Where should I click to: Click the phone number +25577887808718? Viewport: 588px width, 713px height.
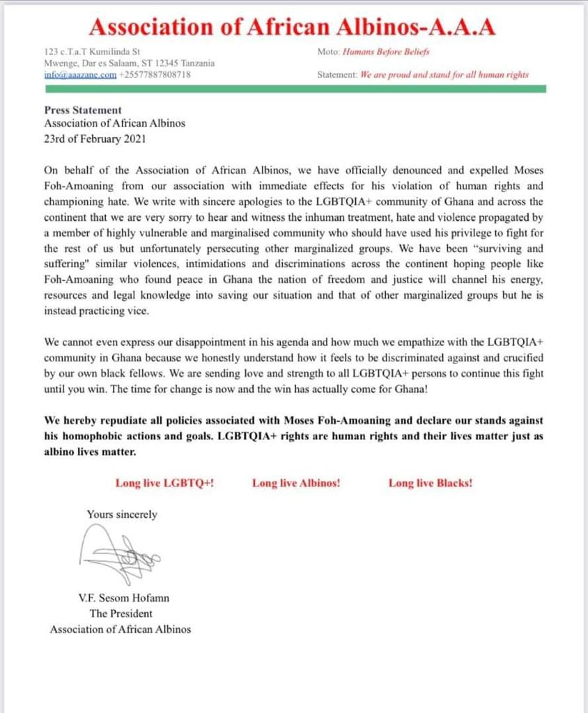coord(155,75)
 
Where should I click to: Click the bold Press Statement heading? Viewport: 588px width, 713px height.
coord(83,110)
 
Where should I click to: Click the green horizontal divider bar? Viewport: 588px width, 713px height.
coord(294,89)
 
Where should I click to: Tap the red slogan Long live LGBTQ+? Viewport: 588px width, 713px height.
coord(164,483)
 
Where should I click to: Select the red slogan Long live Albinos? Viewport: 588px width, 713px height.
coord(296,483)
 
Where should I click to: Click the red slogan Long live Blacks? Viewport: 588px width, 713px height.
coord(430,483)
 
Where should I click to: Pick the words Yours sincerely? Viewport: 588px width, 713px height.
coord(122,515)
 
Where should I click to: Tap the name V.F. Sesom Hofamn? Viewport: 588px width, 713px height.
coord(121,599)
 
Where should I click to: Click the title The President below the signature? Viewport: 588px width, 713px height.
coord(121,613)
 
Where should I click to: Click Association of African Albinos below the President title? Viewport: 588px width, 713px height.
coord(121,629)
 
